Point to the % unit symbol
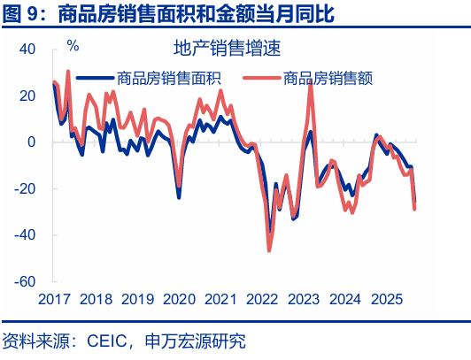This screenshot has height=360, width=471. click(x=73, y=45)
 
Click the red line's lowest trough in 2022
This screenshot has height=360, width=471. click(x=269, y=249)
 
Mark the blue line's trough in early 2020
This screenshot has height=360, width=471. click(x=179, y=196)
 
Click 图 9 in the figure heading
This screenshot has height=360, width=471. click(x=21, y=13)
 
